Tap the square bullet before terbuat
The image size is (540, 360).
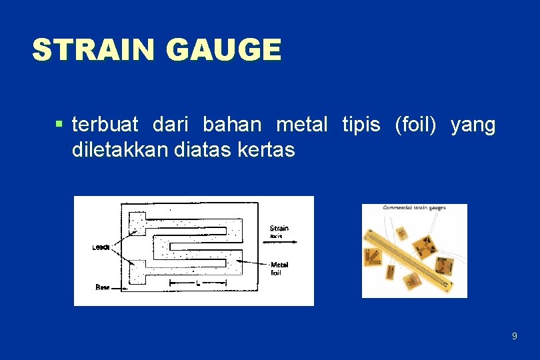point(59,123)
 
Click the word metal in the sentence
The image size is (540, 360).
point(301,125)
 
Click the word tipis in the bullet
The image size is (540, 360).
point(361,125)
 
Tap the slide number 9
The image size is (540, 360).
point(514,336)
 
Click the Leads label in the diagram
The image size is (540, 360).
point(101,247)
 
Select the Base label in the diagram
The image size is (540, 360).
point(103,287)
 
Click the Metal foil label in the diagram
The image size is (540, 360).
point(279,268)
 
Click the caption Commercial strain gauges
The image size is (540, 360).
point(414,208)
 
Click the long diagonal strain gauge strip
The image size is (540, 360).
point(414,253)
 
